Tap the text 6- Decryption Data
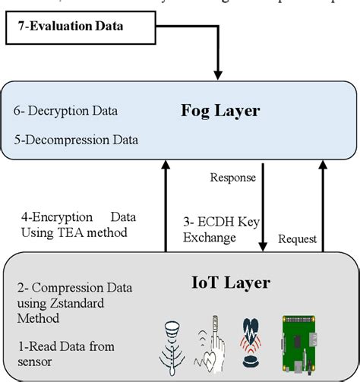tap(65, 111)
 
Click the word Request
tap(297, 238)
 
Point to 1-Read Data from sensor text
tap(67, 353)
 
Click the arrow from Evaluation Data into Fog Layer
tap(219, 53)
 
